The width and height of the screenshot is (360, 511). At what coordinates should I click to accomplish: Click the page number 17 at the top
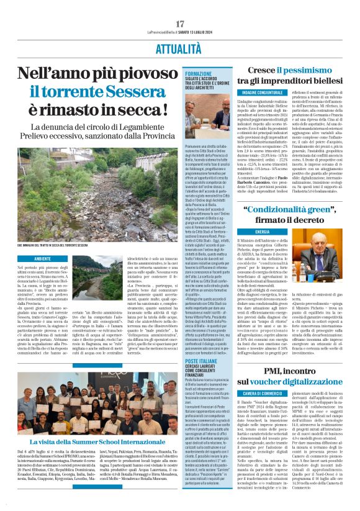coord(179,24)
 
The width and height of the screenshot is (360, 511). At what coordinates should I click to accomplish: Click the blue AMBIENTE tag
coord(43,258)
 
